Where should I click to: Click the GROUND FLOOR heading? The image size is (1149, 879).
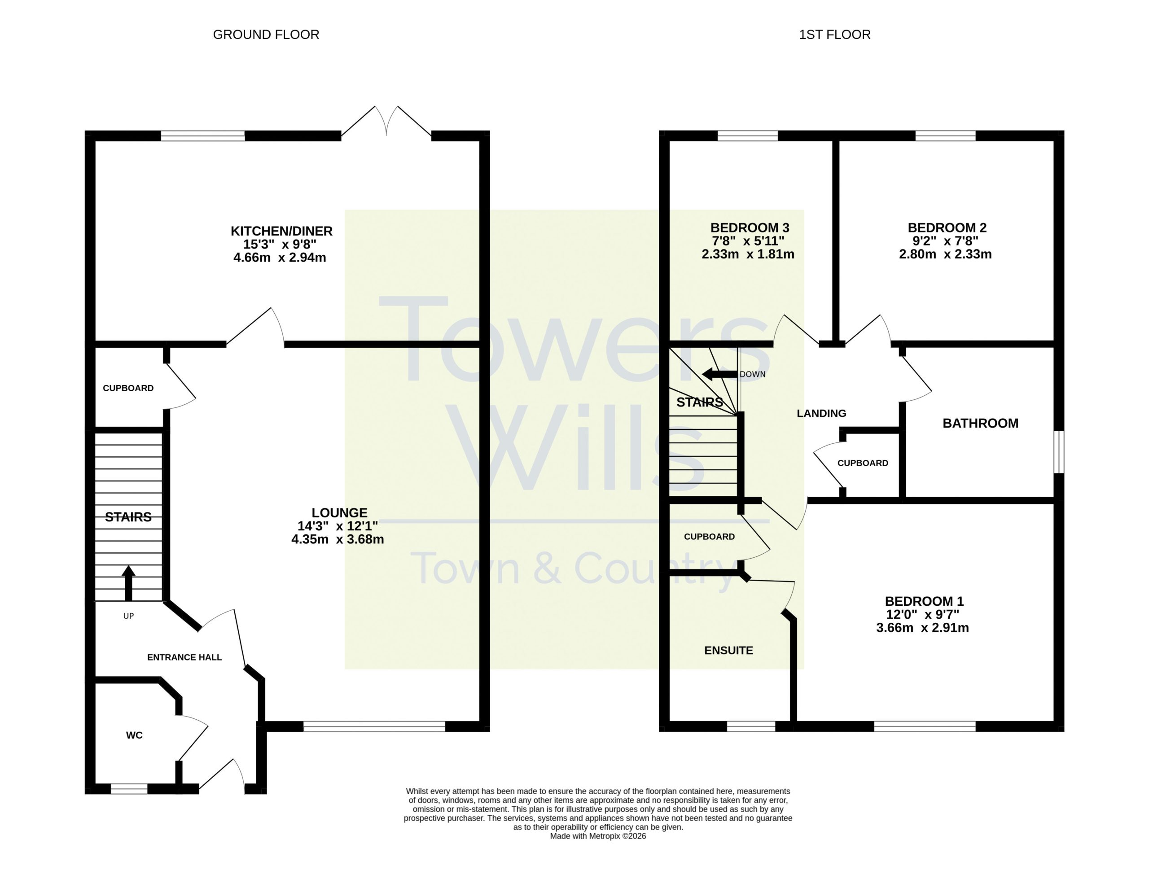266,35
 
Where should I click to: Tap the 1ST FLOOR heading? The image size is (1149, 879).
834,35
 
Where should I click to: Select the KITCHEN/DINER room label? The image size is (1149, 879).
281,231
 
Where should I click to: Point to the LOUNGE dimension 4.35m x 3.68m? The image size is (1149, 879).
338,539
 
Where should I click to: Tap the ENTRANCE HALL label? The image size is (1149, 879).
184,658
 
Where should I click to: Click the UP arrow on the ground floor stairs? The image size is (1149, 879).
128,583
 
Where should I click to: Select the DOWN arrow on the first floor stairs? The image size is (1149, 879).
719,374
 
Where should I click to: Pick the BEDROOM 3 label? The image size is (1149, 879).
749,227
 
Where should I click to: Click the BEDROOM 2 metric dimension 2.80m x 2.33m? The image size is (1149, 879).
945,254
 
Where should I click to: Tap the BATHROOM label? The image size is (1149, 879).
980,423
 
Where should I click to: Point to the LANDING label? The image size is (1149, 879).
821,413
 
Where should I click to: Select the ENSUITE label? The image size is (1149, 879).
728,650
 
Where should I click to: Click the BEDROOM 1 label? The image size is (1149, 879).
924,601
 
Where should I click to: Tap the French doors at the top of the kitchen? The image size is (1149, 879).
386,122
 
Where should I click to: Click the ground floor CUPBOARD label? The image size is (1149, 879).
128,388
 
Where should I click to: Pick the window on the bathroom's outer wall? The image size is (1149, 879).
1058,451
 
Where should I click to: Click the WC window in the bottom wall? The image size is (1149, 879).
129,789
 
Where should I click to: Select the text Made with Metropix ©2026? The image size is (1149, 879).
597,836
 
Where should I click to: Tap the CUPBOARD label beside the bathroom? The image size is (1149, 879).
862,463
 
